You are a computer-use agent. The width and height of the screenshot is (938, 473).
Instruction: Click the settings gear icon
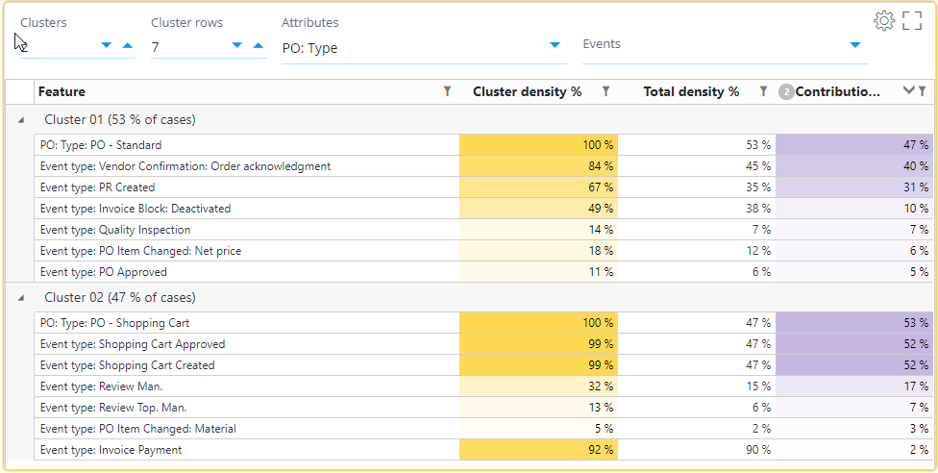883,20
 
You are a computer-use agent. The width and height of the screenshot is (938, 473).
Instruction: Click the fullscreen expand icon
912,20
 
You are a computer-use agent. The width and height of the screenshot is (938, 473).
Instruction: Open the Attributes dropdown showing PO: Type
555,45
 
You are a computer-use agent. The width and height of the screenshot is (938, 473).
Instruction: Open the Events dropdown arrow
854,45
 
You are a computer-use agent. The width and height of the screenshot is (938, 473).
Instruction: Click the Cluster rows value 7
156,47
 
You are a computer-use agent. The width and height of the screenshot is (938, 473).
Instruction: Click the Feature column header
62,91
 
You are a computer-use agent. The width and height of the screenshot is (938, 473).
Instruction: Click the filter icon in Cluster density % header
605,91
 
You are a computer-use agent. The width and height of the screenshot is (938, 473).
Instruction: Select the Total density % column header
691,91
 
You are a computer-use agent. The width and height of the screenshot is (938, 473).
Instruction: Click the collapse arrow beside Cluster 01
20,120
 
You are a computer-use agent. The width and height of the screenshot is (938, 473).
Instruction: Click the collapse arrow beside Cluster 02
20,298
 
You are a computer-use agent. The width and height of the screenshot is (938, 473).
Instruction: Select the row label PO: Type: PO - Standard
100,145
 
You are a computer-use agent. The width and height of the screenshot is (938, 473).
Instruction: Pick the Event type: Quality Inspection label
114,230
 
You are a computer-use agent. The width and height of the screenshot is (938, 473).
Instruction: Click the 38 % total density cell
696,209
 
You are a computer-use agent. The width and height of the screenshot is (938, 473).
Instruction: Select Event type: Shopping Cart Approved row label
132,344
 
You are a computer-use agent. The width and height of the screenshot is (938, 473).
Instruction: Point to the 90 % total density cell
696,450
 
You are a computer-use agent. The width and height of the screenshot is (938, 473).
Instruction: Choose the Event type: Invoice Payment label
111,450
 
